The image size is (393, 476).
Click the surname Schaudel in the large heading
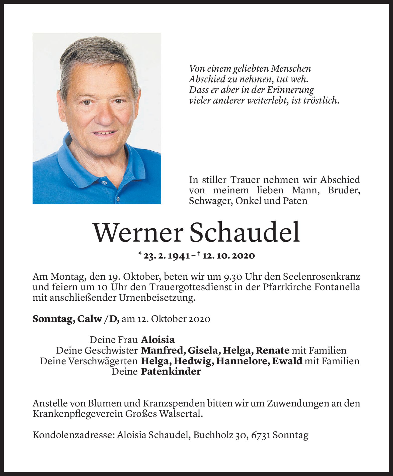(245, 232)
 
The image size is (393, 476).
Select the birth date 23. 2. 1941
(166, 256)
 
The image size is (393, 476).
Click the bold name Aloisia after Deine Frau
(158, 340)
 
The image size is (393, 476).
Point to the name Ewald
(287, 361)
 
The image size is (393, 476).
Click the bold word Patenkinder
(171, 372)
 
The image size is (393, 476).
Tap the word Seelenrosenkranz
(322, 277)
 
